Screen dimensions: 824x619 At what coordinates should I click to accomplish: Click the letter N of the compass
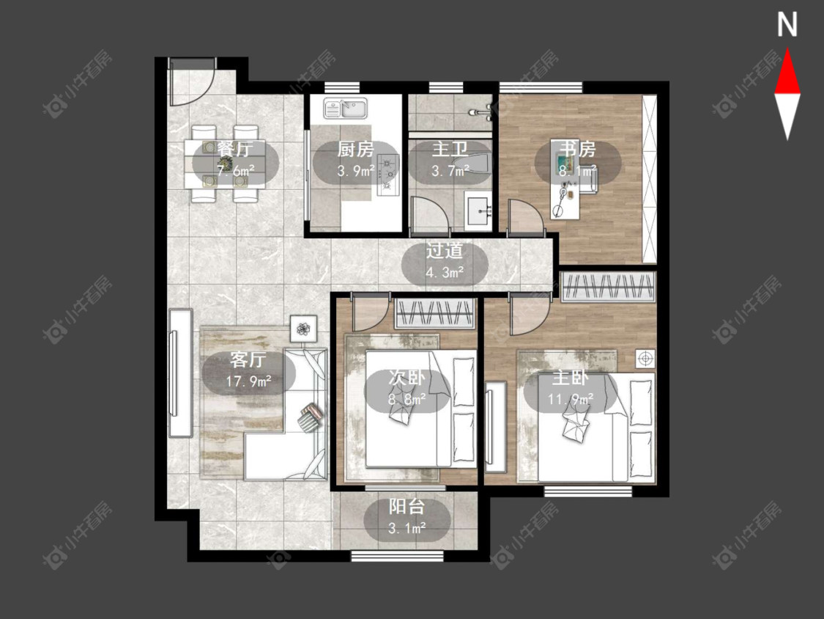click(787, 24)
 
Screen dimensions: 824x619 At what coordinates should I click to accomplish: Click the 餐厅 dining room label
click(235, 149)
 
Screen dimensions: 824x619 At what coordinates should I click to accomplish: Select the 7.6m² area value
click(235, 171)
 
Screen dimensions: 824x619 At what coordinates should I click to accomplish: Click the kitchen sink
click(346, 108)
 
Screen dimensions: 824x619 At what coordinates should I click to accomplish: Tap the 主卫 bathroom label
click(449, 149)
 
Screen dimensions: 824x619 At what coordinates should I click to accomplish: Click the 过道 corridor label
click(445, 251)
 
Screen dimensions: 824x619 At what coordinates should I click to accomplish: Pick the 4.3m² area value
click(445, 273)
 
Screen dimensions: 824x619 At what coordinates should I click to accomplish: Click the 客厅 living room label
click(248, 360)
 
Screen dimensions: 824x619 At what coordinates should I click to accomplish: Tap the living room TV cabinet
click(180, 373)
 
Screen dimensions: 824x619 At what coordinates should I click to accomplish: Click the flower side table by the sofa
click(303, 329)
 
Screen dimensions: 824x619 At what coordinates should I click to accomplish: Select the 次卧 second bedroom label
click(407, 378)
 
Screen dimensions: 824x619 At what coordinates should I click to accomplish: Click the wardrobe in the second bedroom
click(435, 314)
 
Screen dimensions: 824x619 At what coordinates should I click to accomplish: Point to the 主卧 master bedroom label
click(570, 378)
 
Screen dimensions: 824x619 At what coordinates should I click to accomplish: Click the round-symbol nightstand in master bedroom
click(645, 359)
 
